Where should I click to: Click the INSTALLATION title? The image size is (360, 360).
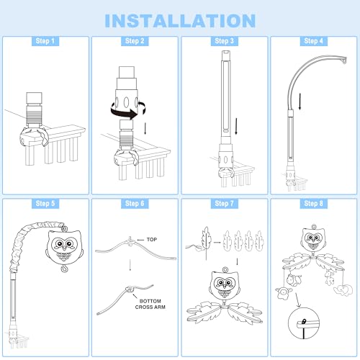coord(180,20)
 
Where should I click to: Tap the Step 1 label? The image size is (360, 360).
coord(45,41)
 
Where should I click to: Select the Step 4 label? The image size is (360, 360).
coord(313,41)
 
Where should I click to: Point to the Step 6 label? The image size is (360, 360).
coord(135,204)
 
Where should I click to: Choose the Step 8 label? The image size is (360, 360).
coord(313,204)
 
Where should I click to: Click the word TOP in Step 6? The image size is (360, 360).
coord(152,240)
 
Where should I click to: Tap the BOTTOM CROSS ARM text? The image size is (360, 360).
coord(150,304)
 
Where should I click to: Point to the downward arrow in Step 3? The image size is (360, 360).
coord(236,126)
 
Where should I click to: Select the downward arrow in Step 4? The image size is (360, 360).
coord(300,102)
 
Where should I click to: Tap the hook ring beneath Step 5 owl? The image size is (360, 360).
coord(64,269)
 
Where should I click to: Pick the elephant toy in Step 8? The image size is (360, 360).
coord(343,290)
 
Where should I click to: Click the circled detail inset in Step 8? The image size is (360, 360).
coord(303,323)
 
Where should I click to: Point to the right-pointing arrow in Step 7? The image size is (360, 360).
coord(217,243)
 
